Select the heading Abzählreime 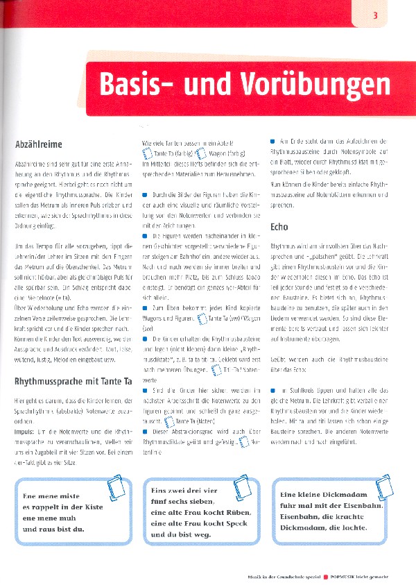[38, 144]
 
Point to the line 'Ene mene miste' [53, 497]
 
